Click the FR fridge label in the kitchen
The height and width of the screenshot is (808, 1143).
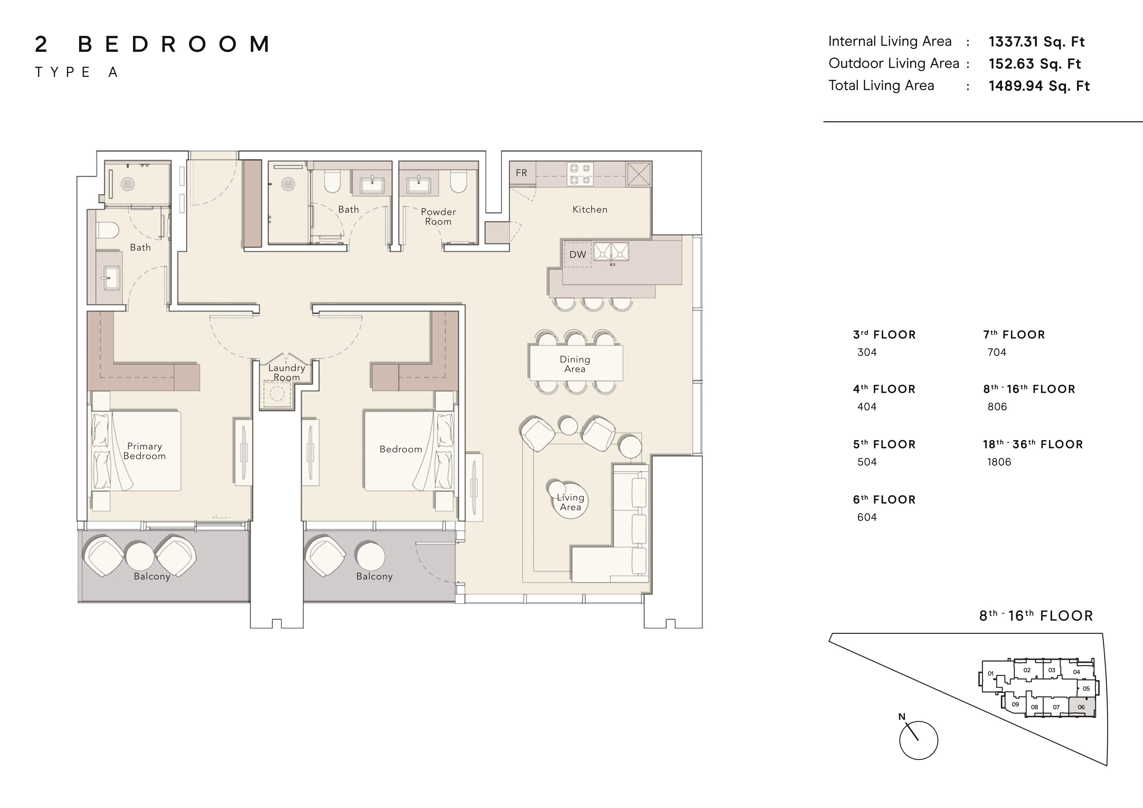click(521, 173)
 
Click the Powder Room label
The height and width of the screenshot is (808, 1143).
click(438, 217)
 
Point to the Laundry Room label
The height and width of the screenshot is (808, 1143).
click(287, 372)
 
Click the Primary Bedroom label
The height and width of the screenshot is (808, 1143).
click(144, 451)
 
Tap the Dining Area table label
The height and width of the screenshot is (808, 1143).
click(575, 364)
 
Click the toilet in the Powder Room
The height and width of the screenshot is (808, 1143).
click(457, 182)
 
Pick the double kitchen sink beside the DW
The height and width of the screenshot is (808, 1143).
click(611, 252)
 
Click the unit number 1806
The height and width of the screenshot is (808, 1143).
click(999, 462)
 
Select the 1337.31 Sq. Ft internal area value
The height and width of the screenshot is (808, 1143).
click(1037, 42)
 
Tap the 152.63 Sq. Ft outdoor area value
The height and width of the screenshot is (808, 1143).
click(1035, 64)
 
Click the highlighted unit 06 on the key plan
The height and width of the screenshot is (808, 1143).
click(1081, 707)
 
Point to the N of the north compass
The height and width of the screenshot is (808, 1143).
click(901, 717)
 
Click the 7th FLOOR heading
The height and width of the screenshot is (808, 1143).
click(1014, 334)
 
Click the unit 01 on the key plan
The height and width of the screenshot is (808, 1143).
click(990, 674)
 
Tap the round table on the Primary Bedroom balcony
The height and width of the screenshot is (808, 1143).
click(140, 555)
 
